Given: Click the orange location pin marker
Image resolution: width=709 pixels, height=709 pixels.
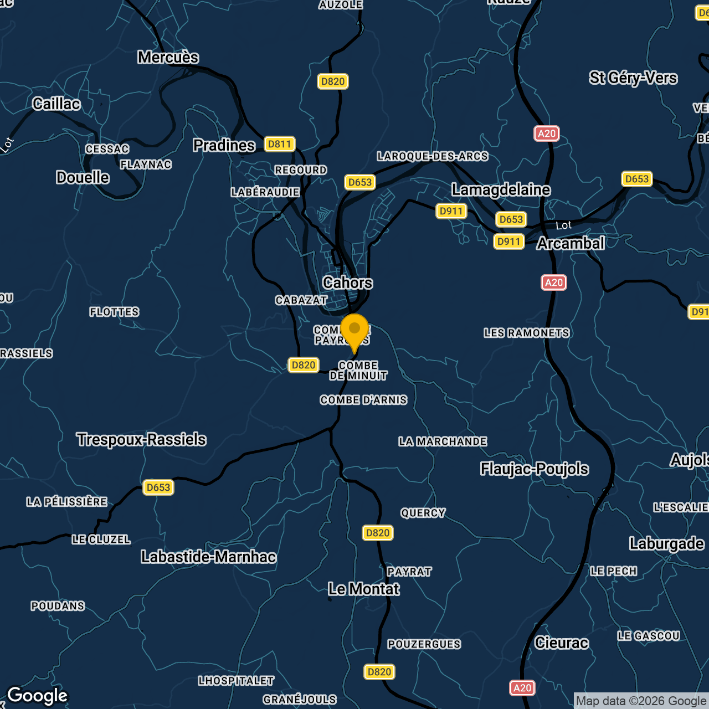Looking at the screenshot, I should pyautogui.click(x=354, y=331).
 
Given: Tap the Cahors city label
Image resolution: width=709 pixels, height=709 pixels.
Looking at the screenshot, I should pyautogui.click(x=347, y=282).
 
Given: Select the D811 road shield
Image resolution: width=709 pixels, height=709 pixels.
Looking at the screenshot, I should pyautogui.click(x=279, y=144).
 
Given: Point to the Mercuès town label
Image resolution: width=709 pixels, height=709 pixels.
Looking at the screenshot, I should pyautogui.click(x=168, y=57).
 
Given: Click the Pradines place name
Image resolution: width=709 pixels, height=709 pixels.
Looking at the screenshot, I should pyautogui.click(x=224, y=145).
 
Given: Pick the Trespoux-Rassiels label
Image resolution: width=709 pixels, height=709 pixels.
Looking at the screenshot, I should pyautogui.click(x=141, y=439).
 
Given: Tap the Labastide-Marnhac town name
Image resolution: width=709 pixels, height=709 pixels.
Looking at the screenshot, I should pyautogui.click(x=208, y=557).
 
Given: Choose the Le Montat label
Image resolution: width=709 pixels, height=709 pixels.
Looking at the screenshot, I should pyautogui.click(x=363, y=589).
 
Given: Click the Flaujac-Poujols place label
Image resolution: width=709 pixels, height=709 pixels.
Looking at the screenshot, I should pyautogui.click(x=534, y=469).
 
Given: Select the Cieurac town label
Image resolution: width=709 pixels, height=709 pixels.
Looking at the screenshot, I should pyautogui.click(x=561, y=643).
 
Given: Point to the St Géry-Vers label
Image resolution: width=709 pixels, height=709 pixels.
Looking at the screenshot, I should pyautogui.click(x=633, y=78).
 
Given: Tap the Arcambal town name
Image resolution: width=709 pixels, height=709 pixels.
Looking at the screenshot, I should pyautogui.click(x=570, y=243).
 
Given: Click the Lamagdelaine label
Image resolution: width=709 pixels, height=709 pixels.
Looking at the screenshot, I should pyautogui.click(x=501, y=189).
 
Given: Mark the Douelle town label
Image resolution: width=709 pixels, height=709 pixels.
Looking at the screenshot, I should pyautogui.click(x=83, y=177).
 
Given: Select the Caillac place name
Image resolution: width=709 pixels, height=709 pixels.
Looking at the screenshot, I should pyautogui.click(x=56, y=104).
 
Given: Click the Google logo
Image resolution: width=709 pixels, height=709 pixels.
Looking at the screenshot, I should pyautogui.click(x=37, y=696).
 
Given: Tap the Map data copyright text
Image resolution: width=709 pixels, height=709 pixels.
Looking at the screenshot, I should pyautogui.click(x=641, y=701).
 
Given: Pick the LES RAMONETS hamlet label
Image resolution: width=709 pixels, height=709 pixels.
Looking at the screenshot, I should pyautogui.click(x=526, y=333).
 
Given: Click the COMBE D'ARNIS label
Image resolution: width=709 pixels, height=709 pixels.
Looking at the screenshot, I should pyautogui.click(x=363, y=400).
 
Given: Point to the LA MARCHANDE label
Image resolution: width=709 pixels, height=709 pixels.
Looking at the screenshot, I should pyautogui.click(x=443, y=441).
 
